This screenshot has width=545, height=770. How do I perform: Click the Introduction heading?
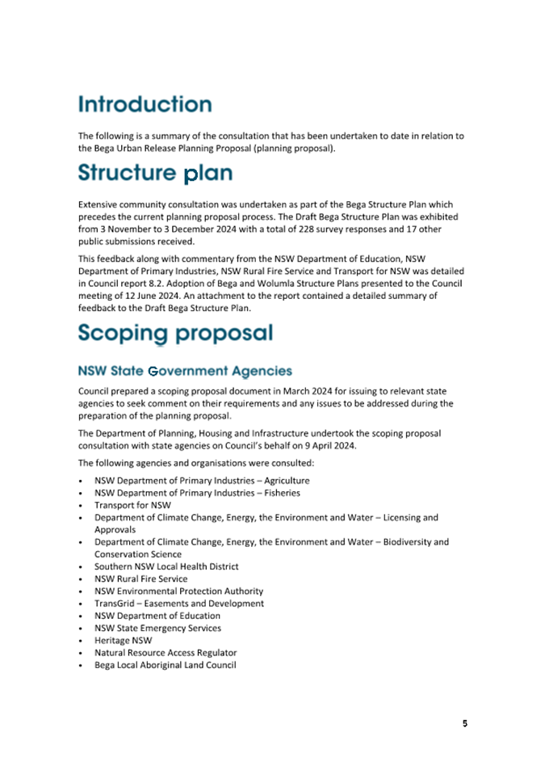pos(145,104)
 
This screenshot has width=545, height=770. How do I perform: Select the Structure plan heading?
pos(155,173)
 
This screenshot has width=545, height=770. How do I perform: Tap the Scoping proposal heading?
pos(175,333)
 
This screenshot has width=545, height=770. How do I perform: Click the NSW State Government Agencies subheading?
pos(185,371)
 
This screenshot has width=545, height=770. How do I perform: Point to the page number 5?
pos(465,723)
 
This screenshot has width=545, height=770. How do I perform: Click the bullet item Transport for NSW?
pos(127,505)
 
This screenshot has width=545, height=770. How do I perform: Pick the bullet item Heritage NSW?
pos(123,641)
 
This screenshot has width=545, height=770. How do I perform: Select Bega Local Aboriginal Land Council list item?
pos(165,665)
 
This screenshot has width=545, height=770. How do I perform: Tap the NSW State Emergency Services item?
pos(157,628)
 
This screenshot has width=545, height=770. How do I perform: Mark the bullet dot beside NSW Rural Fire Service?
pos(82,579)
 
